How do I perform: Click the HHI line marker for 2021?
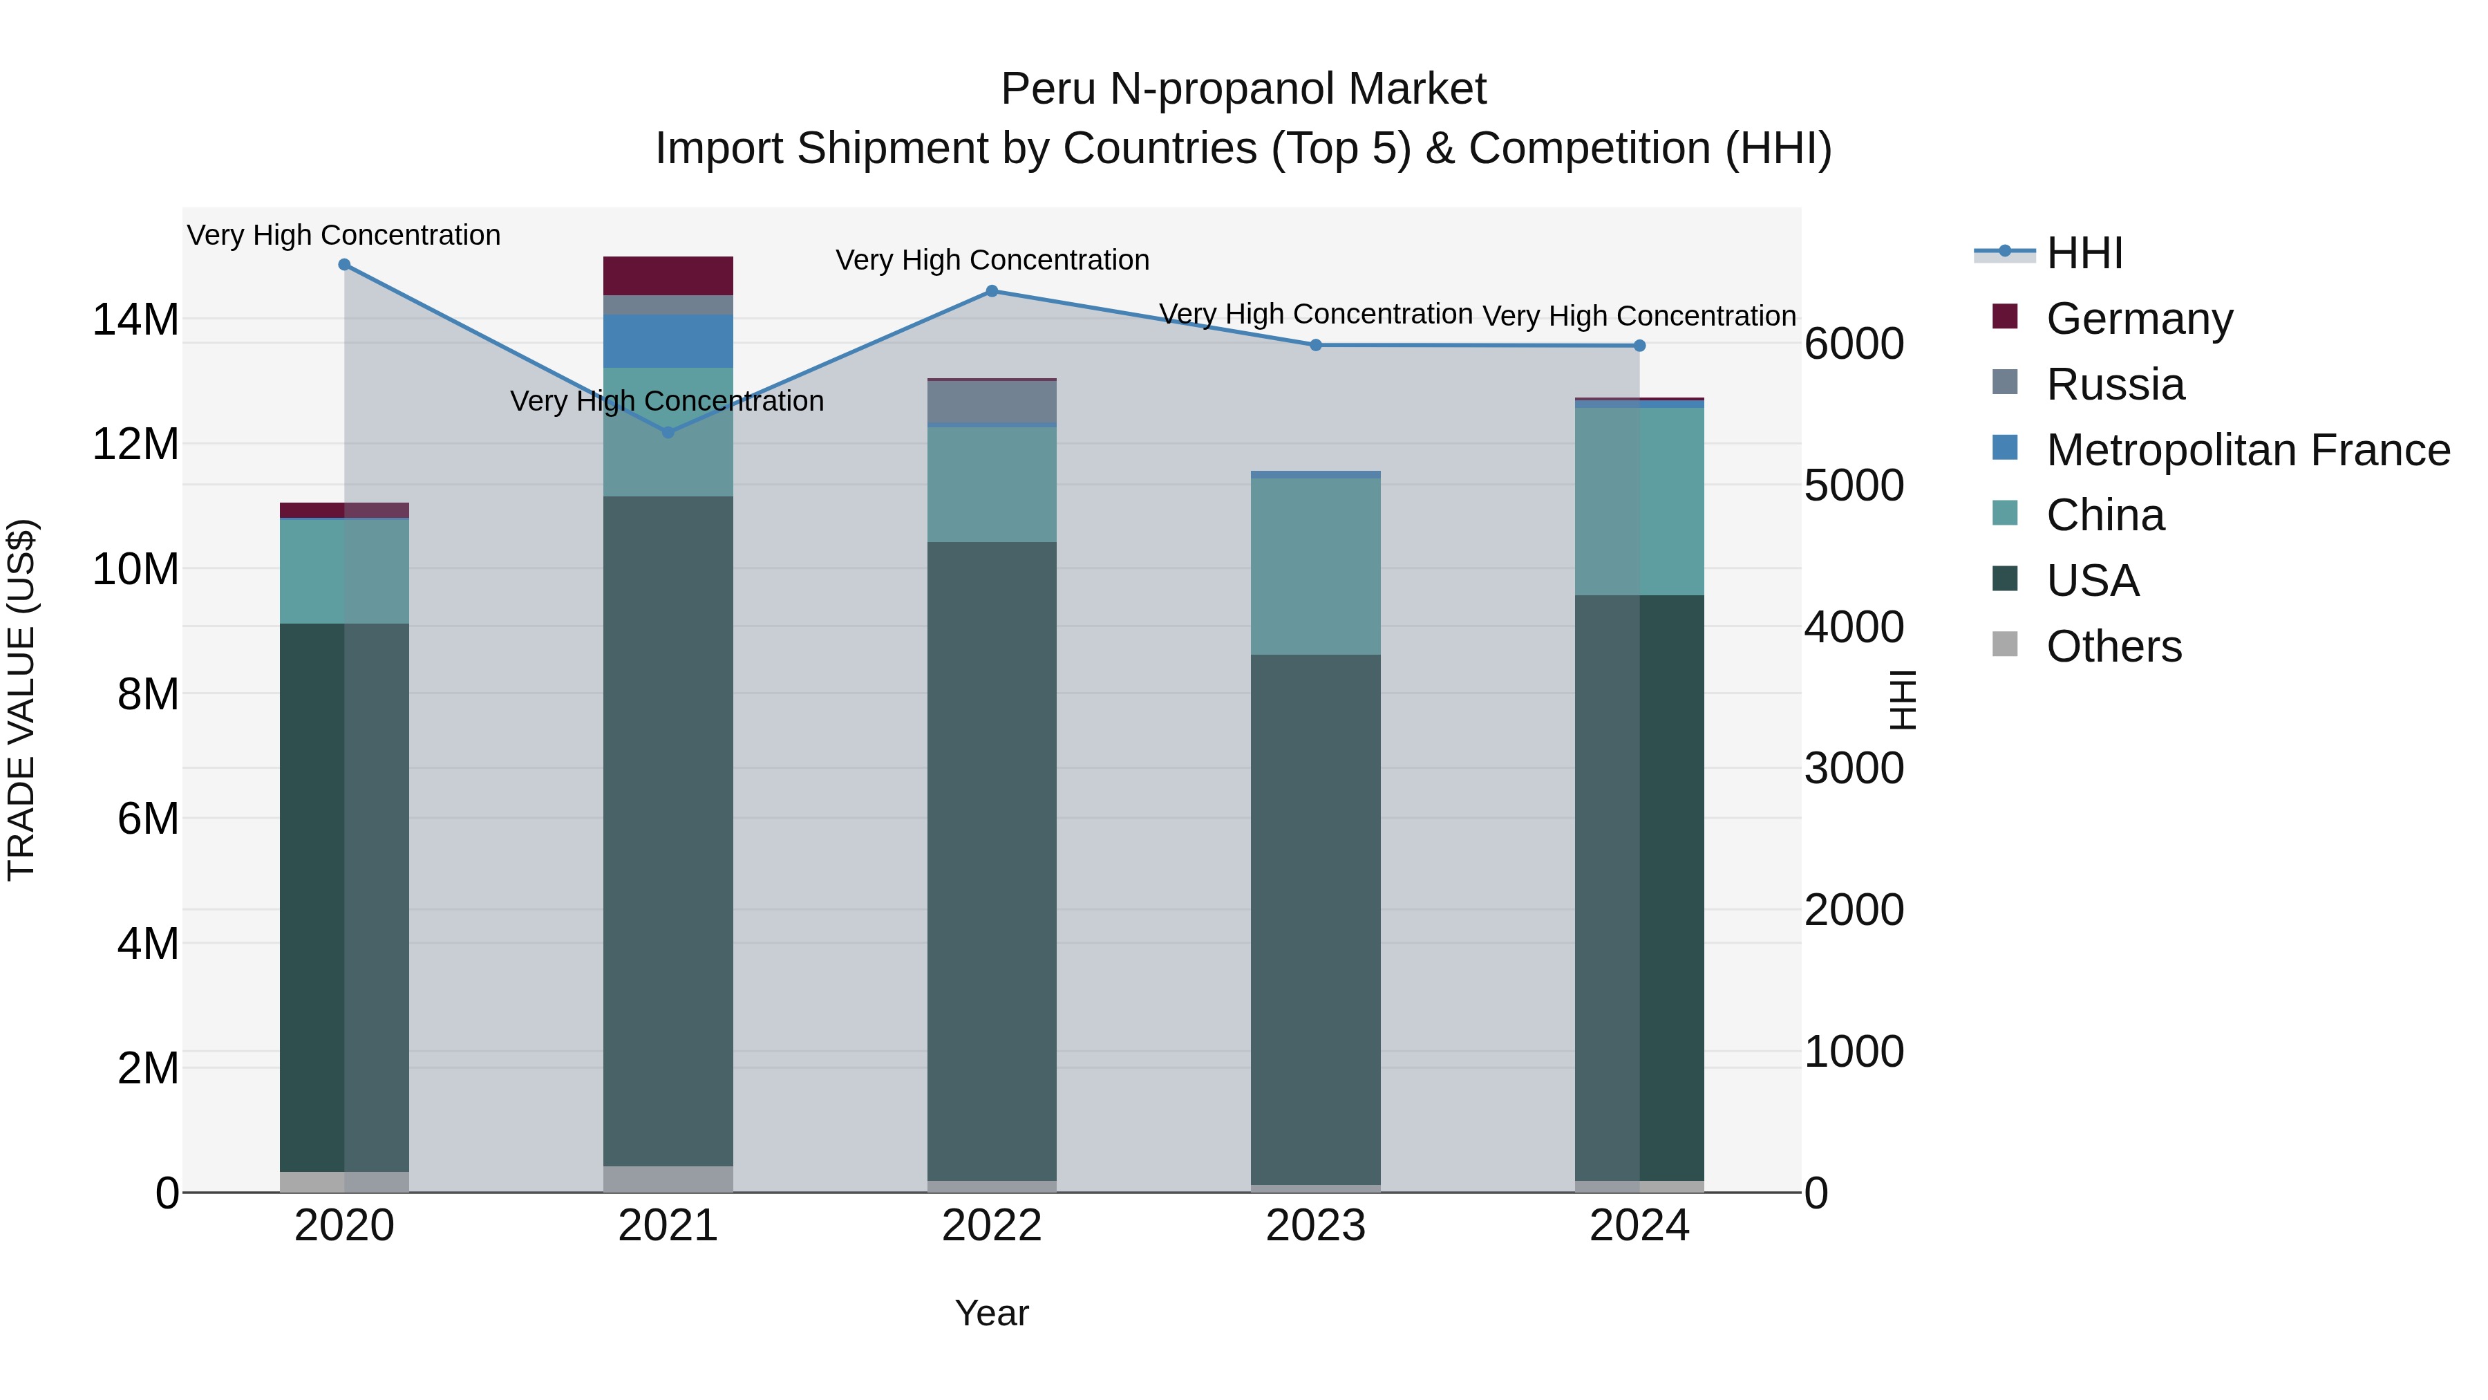click(x=668, y=432)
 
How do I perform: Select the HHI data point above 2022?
click(x=992, y=291)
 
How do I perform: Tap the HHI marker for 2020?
click(x=344, y=265)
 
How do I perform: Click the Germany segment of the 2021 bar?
click(x=668, y=275)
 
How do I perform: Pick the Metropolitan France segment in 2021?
click(x=668, y=340)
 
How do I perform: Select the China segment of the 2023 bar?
click(x=1315, y=566)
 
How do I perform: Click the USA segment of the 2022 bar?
click(x=992, y=860)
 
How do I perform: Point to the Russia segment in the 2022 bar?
click(x=992, y=401)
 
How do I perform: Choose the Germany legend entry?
click(x=2138, y=319)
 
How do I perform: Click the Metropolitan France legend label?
click(x=2247, y=450)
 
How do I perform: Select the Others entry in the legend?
click(x=2113, y=646)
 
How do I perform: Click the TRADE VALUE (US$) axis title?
click(x=22, y=700)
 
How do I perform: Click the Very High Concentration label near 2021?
click(x=666, y=401)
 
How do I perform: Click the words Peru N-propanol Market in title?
click(x=1243, y=89)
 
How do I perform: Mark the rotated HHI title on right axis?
click(x=1902, y=700)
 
